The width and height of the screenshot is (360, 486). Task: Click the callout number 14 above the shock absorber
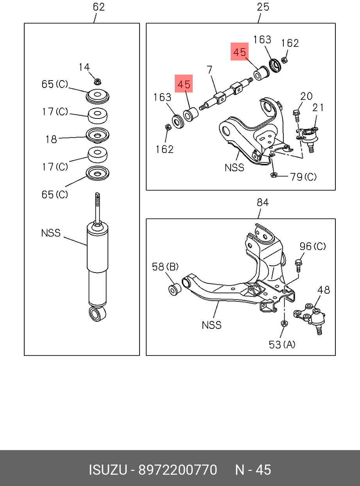coord(84,67)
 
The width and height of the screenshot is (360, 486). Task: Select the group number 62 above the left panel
coord(99,7)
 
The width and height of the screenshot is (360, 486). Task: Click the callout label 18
coord(51,139)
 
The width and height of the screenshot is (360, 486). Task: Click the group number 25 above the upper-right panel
coord(263,7)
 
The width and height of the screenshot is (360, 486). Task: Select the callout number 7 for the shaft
coord(210,70)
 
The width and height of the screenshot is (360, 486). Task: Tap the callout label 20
coord(306,96)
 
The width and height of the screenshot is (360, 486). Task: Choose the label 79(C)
coord(303,177)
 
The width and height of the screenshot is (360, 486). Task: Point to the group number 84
coord(263,203)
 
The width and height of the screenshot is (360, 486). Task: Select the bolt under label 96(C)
coord(298,265)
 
